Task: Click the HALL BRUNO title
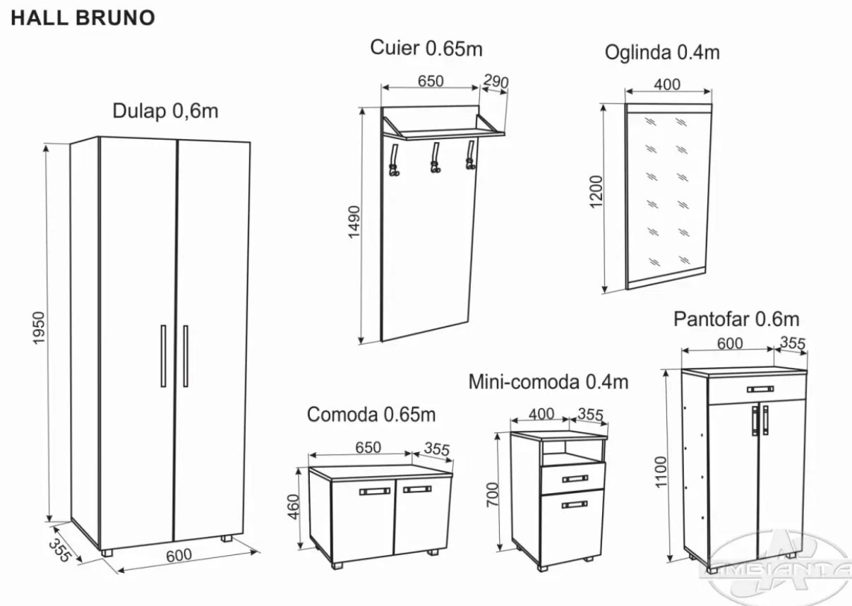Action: point(83,18)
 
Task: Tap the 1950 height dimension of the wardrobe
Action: point(39,328)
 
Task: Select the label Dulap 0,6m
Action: point(165,111)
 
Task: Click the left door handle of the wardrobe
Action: point(163,356)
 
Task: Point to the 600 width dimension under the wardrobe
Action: point(179,555)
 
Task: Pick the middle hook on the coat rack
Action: point(435,158)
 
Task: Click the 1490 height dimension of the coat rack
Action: point(354,222)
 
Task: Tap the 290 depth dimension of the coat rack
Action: point(496,81)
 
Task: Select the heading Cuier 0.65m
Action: point(426,48)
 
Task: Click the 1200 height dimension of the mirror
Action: point(596,192)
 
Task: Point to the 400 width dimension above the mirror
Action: point(667,85)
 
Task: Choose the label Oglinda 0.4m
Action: point(662,52)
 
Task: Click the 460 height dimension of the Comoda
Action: point(294,506)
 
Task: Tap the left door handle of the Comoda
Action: point(375,492)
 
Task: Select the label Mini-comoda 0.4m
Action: point(548,382)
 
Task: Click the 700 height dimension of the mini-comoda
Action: point(492,495)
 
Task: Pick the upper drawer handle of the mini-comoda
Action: point(575,478)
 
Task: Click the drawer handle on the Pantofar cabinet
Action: point(760,389)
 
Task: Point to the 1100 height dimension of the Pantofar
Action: point(661,472)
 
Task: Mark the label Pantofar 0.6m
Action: point(736,319)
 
